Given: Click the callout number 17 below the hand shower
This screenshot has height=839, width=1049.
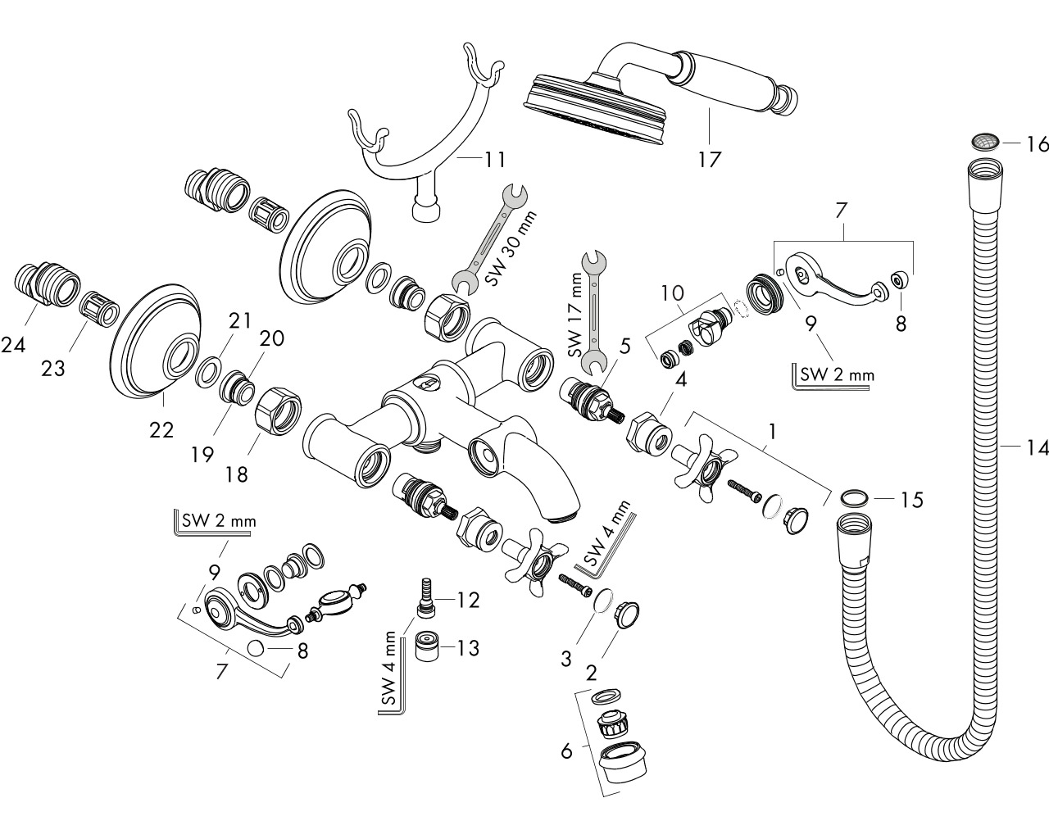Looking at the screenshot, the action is point(709,159).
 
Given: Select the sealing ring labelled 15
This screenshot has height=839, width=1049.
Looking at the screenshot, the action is point(854,499).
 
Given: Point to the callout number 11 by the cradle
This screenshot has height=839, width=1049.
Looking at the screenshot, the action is point(495,159).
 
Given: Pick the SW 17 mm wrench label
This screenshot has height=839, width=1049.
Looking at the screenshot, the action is point(576,315).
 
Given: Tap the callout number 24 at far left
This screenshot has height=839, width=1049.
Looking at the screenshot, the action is point(13,345).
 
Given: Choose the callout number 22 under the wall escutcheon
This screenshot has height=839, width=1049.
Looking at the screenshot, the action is point(161,430).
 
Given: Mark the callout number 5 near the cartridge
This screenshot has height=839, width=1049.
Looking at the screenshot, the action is point(624,346).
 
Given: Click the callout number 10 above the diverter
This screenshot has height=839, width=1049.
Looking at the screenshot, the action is point(672,293).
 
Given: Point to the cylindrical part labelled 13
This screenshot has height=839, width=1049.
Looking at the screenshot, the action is point(428,646).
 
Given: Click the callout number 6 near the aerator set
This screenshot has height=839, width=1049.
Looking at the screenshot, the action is point(566,751).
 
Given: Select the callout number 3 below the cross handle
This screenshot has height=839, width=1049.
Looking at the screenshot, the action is point(566,659).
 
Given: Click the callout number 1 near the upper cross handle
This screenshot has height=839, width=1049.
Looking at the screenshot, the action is point(772,432).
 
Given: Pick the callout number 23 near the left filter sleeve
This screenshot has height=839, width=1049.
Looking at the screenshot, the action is point(52,369).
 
